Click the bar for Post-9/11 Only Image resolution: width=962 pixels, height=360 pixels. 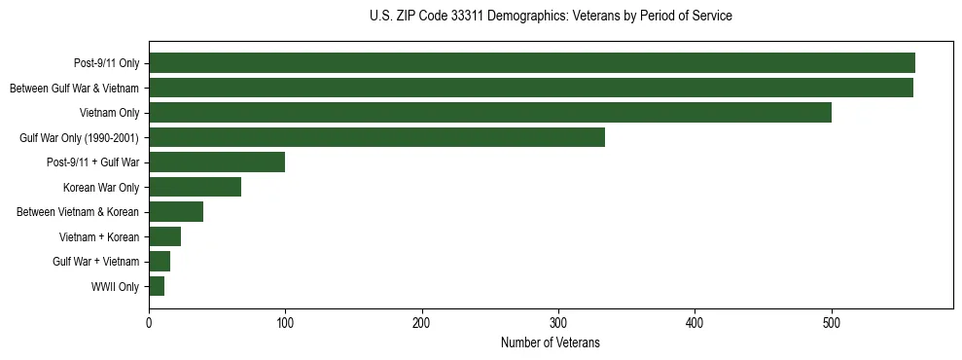pos(532,63)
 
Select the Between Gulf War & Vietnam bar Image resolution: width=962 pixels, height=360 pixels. pos(531,88)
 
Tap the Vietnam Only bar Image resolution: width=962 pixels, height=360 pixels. pos(490,113)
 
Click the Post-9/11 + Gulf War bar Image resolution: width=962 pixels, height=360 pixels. pos(217,162)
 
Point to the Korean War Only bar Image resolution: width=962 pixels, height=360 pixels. pos(196,187)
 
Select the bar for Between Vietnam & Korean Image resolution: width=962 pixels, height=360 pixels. pos(176,212)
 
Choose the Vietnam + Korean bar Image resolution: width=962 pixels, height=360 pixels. pos(165,236)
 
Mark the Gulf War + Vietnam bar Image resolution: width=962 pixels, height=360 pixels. pos(160,262)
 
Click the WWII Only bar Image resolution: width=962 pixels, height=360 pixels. pos(157,286)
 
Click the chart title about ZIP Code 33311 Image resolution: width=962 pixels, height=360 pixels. pos(551,17)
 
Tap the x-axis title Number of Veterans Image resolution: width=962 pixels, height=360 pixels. pos(551,343)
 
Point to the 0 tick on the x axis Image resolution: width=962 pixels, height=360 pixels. pos(149,324)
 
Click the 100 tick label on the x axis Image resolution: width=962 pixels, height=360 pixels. pos(285,324)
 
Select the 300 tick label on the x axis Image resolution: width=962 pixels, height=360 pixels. pos(558,324)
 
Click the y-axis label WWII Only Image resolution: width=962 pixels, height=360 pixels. pos(115,287)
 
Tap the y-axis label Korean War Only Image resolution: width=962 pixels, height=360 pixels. pos(101,188)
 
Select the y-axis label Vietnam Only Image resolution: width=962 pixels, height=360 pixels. pos(109,113)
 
